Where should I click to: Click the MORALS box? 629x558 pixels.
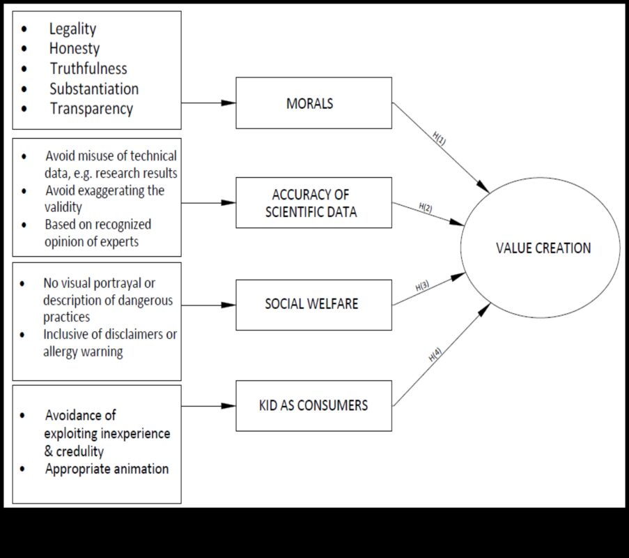point(313,103)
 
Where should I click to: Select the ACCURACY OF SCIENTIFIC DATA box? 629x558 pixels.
point(313,203)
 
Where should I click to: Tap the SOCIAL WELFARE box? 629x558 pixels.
point(313,305)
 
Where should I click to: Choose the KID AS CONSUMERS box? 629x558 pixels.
point(313,405)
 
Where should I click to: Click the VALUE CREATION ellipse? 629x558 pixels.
point(541,248)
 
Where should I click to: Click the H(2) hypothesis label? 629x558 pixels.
point(426,207)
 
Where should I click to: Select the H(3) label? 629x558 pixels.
point(422,286)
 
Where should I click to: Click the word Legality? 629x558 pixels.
point(72,29)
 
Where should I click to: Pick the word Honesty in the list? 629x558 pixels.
point(75,49)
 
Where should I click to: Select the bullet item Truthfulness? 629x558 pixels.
point(88,68)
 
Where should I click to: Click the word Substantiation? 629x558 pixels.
point(94,89)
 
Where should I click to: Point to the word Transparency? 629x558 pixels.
point(91,109)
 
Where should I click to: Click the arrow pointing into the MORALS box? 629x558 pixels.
point(209,103)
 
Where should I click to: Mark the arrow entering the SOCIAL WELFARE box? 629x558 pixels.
point(209,305)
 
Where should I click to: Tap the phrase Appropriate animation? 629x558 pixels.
point(107,469)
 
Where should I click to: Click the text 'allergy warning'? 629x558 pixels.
point(83,352)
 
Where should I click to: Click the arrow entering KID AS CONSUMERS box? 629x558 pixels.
point(209,405)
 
